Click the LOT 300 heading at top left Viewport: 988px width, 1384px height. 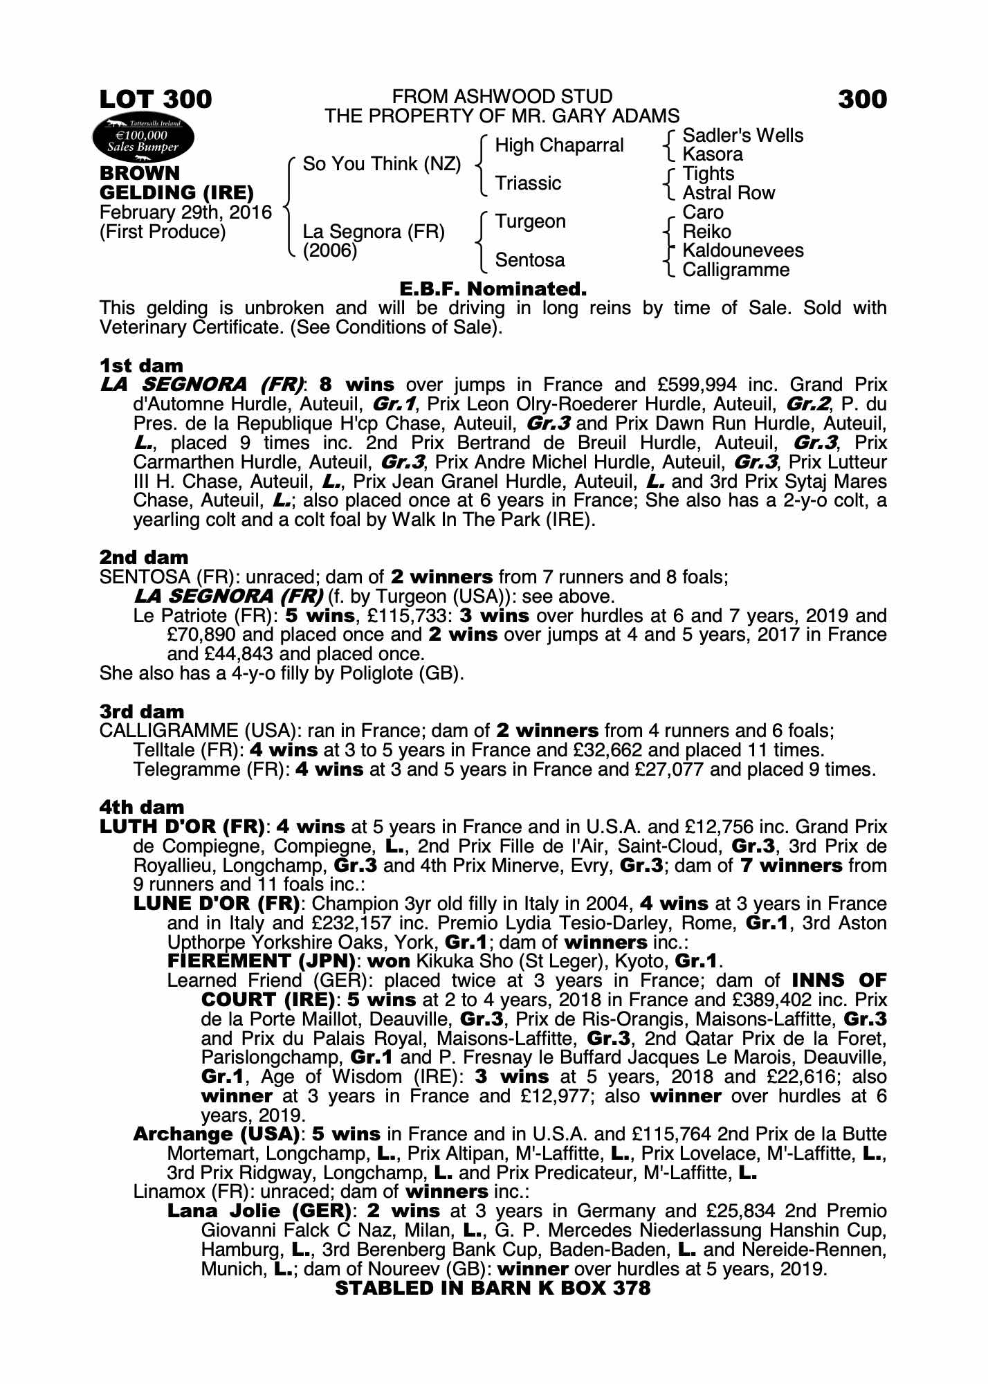[x=156, y=100]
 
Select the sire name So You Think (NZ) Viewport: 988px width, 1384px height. [x=382, y=164]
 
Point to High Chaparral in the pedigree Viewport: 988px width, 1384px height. [x=559, y=145]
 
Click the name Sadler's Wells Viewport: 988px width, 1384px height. [x=742, y=136]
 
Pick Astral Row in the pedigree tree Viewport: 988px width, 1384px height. [x=729, y=193]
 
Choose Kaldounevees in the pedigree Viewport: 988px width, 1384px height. [x=742, y=251]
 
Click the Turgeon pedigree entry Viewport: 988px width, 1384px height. [x=530, y=221]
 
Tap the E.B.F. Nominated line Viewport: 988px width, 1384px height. [x=493, y=289]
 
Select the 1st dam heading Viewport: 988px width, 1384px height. [x=141, y=365]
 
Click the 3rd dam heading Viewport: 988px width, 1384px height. [x=142, y=711]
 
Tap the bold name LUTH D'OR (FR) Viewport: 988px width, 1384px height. [x=183, y=827]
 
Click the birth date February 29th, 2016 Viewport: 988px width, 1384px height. [x=185, y=212]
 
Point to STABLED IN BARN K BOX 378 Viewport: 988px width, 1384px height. [x=493, y=1288]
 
